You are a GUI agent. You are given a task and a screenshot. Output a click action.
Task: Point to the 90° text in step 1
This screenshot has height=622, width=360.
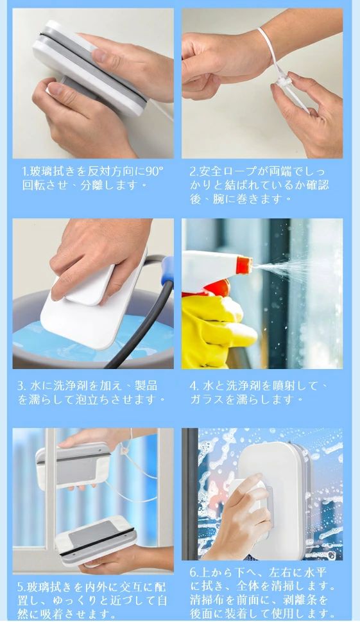(x=155, y=173)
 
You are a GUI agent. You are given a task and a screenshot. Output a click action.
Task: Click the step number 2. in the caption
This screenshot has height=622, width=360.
(x=194, y=172)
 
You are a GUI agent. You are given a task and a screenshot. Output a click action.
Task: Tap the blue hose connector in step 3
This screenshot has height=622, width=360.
(x=167, y=270)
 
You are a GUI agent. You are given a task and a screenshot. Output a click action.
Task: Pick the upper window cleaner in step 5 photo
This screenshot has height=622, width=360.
(x=73, y=465)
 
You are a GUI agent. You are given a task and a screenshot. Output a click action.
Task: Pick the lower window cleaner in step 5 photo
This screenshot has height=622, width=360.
(x=95, y=535)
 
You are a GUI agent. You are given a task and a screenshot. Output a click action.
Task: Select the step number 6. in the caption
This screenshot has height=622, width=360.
(x=194, y=572)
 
